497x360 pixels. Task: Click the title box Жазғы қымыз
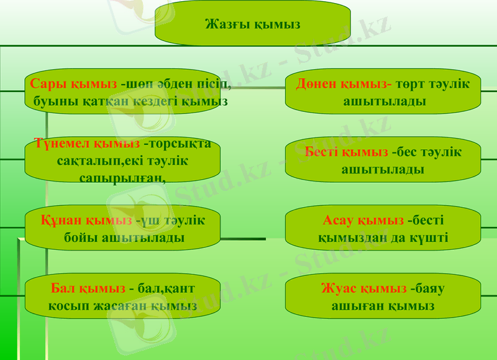pos(252,24)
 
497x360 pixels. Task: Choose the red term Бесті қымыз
pos(347,152)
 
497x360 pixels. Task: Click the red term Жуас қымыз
pos(363,288)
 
